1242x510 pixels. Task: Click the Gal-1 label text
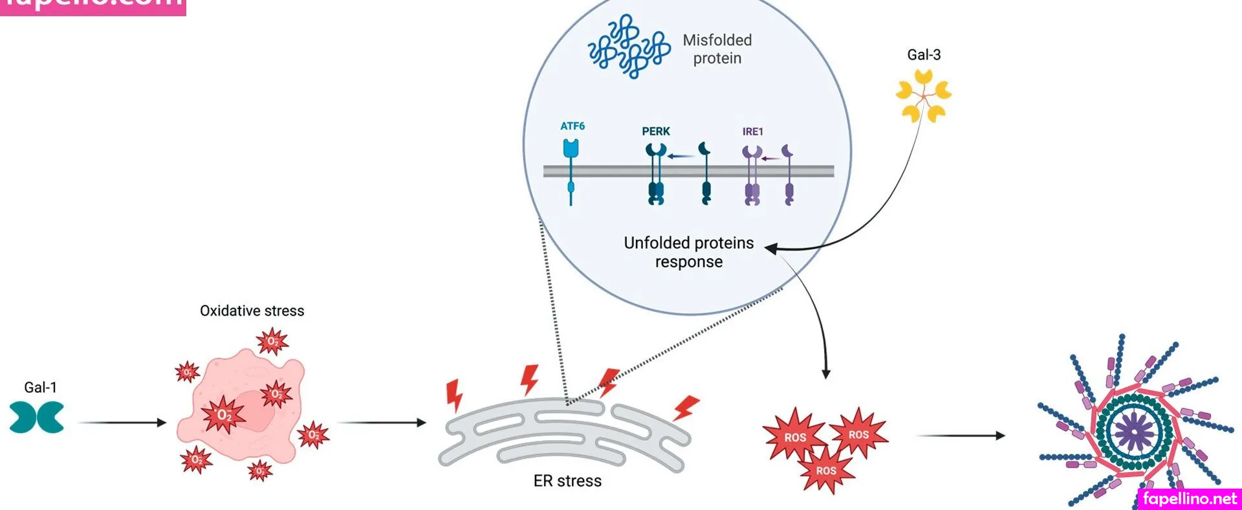(x=40, y=387)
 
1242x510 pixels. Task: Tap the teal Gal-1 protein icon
(x=37, y=417)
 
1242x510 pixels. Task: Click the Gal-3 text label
(x=924, y=55)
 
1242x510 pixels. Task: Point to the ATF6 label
(x=572, y=126)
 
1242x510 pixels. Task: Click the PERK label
(x=656, y=131)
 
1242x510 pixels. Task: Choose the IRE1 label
(x=753, y=131)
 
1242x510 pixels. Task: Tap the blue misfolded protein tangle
(x=628, y=47)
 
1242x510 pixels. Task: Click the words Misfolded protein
(x=717, y=49)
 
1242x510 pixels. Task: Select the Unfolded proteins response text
(x=689, y=252)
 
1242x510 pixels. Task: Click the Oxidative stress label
(x=252, y=311)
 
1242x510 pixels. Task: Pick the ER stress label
(x=567, y=481)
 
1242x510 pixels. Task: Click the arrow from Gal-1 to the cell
(x=122, y=423)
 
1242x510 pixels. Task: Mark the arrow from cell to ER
(x=382, y=423)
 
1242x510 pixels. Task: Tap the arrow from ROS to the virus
(x=961, y=436)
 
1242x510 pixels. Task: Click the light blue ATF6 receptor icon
(x=571, y=149)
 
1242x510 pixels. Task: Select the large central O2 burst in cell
(x=224, y=415)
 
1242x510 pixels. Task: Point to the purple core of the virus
(x=1133, y=430)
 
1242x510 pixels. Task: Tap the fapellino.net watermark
(x=1190, y=498)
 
